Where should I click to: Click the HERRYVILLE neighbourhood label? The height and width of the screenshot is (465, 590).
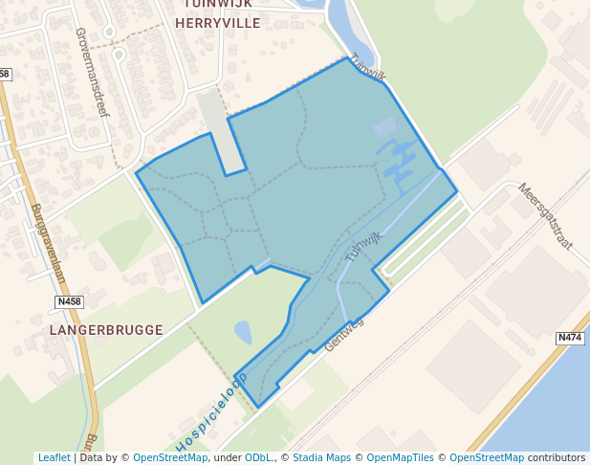pos(218,23)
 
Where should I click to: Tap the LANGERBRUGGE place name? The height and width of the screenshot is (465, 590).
pos(106,330)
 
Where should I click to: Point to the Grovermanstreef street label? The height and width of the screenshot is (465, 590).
pos(93,72)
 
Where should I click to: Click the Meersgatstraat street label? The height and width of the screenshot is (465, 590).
pos(545,215)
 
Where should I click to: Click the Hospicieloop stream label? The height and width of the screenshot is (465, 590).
pos(211,411)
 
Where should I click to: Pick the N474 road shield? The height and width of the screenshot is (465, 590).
pos(570,338)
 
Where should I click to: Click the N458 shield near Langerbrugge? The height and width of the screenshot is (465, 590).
pos(69,302)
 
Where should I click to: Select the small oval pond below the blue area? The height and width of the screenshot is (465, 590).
pos(243,332)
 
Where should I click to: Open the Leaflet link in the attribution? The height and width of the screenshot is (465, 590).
pos(54,457)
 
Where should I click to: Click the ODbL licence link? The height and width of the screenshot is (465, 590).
pos(259,457)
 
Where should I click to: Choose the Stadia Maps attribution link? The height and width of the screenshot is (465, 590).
pos(320,457)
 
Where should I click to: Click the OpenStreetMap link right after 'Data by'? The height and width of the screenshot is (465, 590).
pos(169,457)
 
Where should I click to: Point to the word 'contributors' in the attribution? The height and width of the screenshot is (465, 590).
pos(557,457)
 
